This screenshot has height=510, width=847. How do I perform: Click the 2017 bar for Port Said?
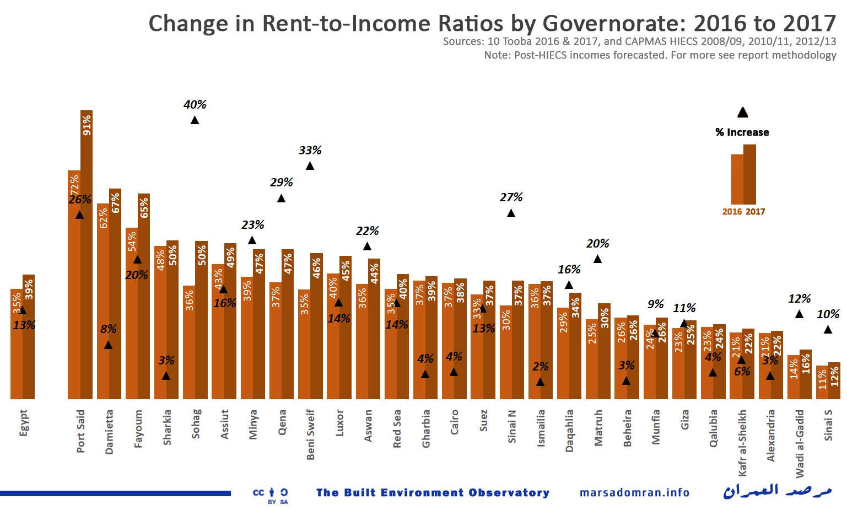(x=87, y=254)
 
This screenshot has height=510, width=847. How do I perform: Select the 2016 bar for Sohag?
(x=189, y=342)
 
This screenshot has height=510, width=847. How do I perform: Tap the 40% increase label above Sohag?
(x=195, y=105)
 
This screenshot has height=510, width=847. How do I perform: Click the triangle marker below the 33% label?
(x=310, y=166)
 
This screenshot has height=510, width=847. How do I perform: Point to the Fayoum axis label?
(x=138, y=428)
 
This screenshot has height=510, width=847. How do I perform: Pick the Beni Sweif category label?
(x=311, y=434)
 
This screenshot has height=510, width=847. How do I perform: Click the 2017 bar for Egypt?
(x=29, y=336)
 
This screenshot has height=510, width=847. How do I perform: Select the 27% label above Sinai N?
(x=511, y=197)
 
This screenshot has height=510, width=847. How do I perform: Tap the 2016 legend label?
(x=732, y=212)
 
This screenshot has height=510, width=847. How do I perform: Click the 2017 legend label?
(x=756, y=212)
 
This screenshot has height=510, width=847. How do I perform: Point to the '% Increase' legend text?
(x=742, y=132)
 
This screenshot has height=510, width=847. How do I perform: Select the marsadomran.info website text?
(x=634, y=492)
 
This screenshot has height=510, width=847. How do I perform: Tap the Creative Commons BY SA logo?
(x=271, y=495)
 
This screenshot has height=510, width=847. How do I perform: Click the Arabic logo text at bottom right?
(x=777, y=491)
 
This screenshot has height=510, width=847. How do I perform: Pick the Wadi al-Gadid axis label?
(x=800, y=443)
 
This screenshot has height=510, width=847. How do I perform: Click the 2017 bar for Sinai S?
(x=834, y=380)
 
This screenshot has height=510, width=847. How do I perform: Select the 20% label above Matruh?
(x=598, y=244)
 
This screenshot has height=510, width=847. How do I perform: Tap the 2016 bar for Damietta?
(x=103, y=300)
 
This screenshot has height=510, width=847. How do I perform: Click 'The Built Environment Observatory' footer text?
(x=433, y=492)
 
